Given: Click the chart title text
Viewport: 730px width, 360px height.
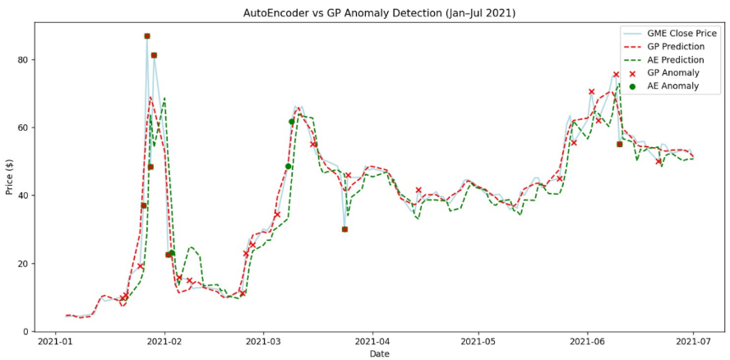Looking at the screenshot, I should point(380,13).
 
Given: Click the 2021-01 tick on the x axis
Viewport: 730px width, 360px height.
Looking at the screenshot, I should point(56,342).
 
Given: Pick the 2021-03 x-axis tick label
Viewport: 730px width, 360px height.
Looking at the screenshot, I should point(262,342).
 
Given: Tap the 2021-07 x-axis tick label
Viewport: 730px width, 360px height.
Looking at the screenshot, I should point(693,342).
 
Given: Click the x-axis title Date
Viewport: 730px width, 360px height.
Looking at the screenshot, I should point(380,354).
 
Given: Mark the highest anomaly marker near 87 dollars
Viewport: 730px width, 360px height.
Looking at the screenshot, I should point(147,36).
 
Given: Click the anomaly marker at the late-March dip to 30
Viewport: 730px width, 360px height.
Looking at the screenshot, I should point(344,229).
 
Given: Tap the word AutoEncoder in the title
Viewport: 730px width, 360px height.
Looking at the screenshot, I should point(276,13).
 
